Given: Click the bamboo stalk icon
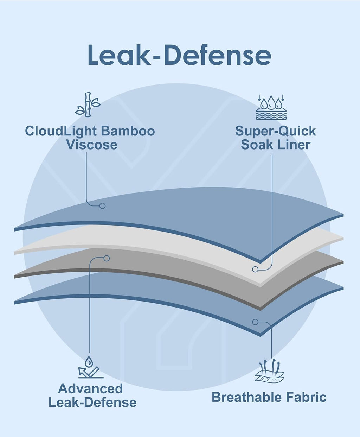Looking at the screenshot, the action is pyautogui.click(x=88, y=104).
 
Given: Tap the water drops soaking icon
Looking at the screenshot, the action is pyautogui.click(x=271, y=107).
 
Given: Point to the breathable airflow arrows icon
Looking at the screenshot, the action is pyautogui.click(x=269, y=370).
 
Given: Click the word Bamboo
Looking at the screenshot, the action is pyautogui.click(x=128, y=131).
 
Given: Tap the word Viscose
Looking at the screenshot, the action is pyautogui.click(x=92, y=145).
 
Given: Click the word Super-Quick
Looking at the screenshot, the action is pyautogui.click(x=276, y=131).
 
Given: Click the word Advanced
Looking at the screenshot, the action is pyautogui.click(x=90, y=389).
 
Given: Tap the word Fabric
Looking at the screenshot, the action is pyautogui.click(x=306, y=397).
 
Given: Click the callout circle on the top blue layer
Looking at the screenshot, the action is pyautogui.click(x=102, y=206).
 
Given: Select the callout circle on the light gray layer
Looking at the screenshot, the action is pyautogui.click(x=255, y=269).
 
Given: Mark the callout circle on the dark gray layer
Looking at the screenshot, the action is pyautogui.click(x=107, y=259).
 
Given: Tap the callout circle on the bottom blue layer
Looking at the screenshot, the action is pyautogui.click(x=255, y=322).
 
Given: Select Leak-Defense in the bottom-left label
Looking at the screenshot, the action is pyautogui.click(x=92, y=403).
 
